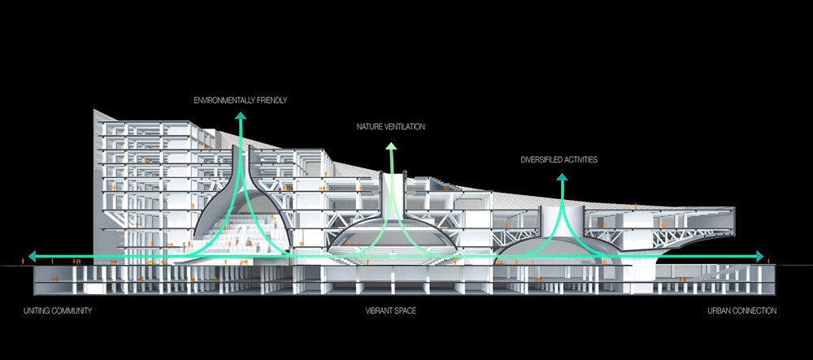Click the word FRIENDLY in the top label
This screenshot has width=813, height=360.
tap(273, 101)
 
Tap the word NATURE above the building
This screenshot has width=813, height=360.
tap(370, 128)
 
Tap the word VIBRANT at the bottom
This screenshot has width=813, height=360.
tap(379, 311)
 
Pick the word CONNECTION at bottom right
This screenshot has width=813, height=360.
tap(756, 311)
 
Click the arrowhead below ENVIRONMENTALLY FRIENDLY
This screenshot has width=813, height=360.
tap(241, 117)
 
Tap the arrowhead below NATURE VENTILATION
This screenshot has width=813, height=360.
tap(391, 147)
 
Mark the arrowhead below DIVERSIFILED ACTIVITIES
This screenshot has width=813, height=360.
tap(562, 180)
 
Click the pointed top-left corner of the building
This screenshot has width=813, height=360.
tap(95, 111)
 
